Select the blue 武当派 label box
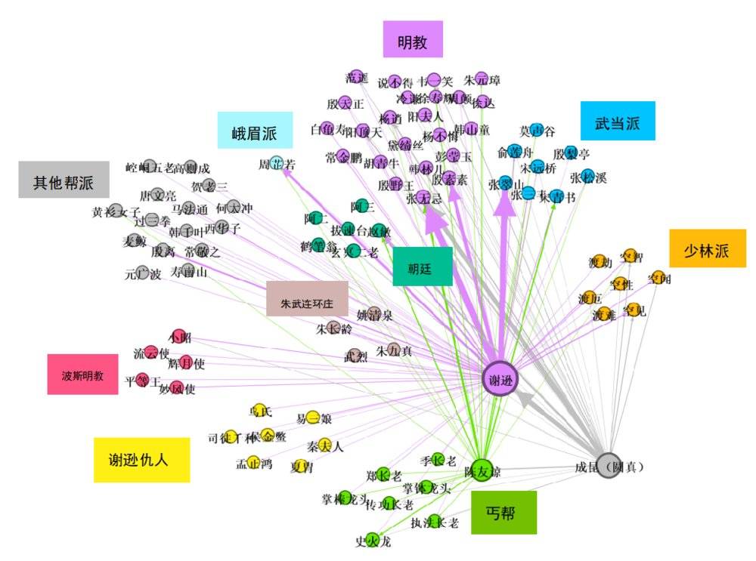coord(618,121)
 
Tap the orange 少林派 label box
coord(708,248)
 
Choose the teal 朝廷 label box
coord(423,267)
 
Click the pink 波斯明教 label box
coord(82,374)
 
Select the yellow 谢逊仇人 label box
coord(141,459)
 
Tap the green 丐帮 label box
coord(503,513)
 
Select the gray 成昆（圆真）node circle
coord(609,466)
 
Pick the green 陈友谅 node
coord(482,470)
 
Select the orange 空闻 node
coord(657,277)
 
